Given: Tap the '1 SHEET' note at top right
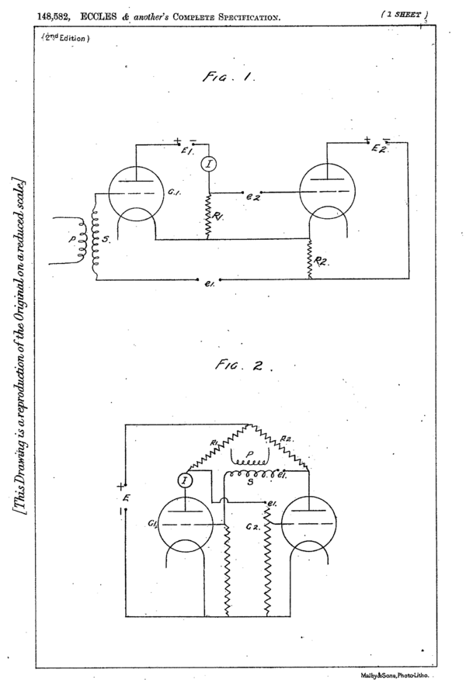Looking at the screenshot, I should (x=402, y=15).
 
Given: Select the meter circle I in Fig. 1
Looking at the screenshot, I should (x=208, y=164).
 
